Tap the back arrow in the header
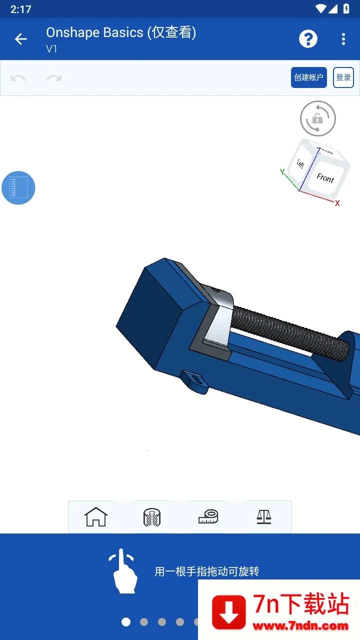21,39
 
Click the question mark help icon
308,39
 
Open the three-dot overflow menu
343,39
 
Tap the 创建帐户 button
309,77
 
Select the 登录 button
343,77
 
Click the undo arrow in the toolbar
18,78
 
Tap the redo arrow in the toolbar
54,78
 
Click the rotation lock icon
317,118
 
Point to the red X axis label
337,203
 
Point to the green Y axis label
282,172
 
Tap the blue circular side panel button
18,187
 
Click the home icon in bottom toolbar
96,517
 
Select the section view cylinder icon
152,517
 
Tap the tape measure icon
208,516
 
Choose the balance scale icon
263,516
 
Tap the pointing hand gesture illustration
123,571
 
